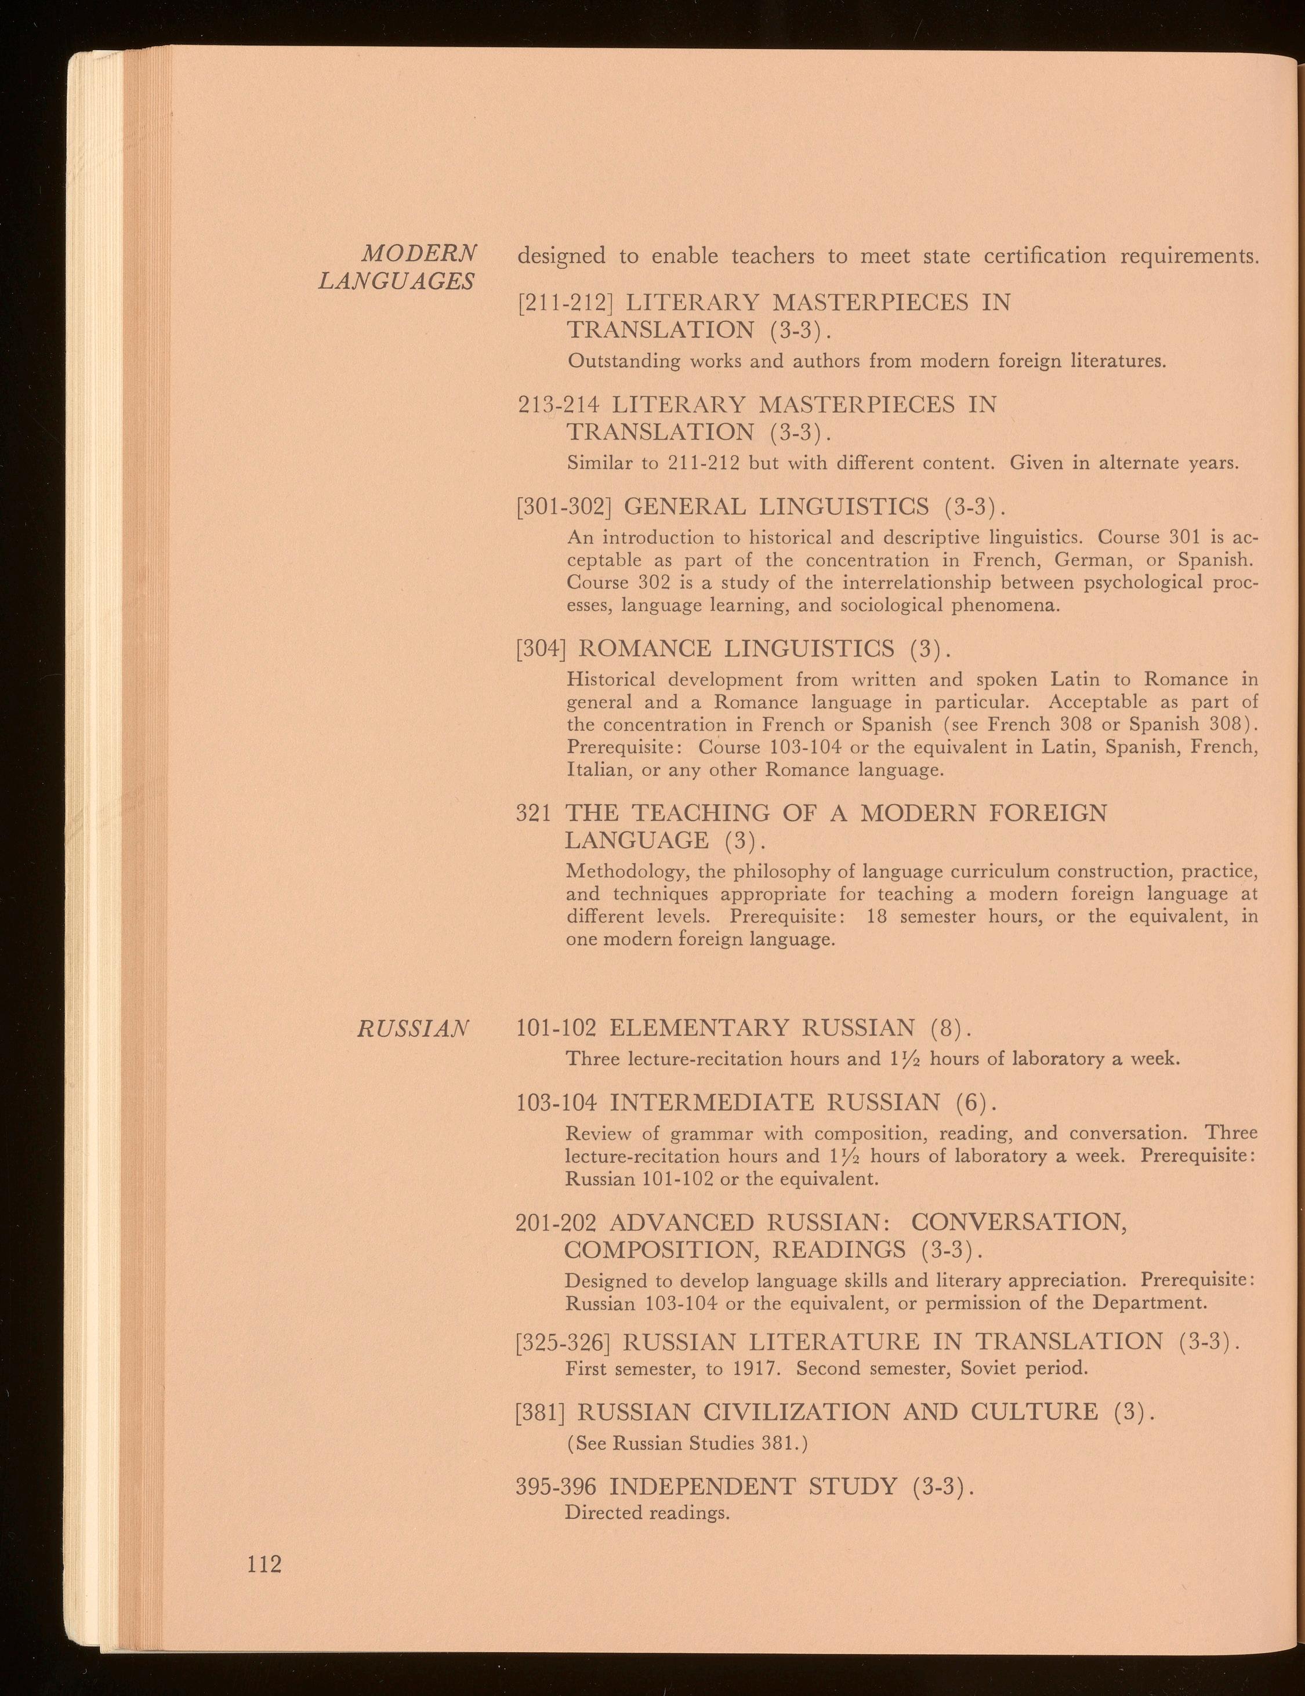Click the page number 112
[x=263, y=1563]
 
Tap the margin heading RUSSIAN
[x=413, y=1029]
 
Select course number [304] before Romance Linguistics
[x=541, y=648]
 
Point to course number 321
[x=534, y=813]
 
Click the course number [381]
[x=541, y=1411]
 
